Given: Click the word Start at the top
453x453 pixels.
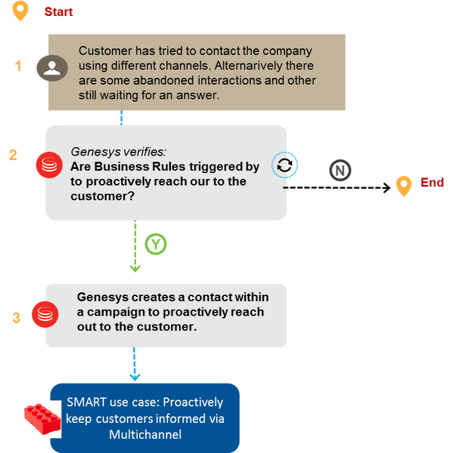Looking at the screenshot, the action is coord(58,12).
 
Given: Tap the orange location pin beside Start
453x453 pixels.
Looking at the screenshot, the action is coord(20,11).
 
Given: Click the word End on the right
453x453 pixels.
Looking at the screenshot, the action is coord(432,183).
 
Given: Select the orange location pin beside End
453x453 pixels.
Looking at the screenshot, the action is coord(404,186).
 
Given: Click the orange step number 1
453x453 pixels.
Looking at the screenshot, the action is coord(18,66).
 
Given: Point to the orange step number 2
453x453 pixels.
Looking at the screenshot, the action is coord(13,155).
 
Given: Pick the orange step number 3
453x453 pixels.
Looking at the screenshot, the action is coord(17,318).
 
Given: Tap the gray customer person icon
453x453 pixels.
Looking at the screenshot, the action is coord(52,68).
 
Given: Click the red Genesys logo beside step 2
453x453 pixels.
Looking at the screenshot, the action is coord(49,165).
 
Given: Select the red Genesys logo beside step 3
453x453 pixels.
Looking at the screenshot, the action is coord(45,314).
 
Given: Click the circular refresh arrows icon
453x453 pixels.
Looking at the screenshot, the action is coord(284,165).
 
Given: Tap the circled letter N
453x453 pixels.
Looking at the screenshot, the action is coord(340,170).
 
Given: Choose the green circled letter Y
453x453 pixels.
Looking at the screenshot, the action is coord(156,244).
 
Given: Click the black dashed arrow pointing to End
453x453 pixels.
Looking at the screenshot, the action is coord(337,188).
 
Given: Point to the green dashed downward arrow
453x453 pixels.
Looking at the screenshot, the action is coord(135,246).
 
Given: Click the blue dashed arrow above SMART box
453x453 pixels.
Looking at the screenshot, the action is coord(135,365).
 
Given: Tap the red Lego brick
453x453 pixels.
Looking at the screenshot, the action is coord(42,418).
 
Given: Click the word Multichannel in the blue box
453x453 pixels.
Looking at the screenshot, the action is coord(145,435).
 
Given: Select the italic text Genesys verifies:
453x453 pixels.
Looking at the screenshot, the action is coord(119,152).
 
